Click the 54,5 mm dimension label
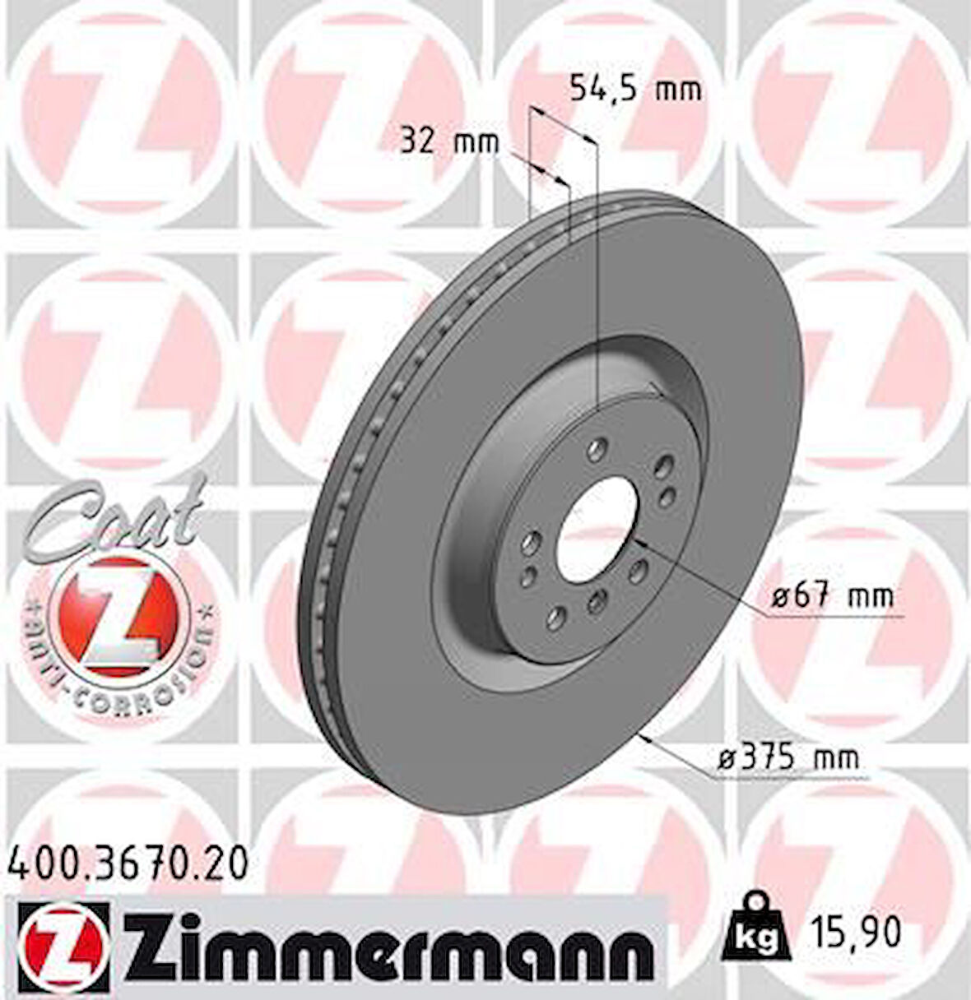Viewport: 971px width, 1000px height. pyautogui.click(x=635, y=88)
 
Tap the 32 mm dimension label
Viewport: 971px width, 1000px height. pyautogui.click(x=450, y=142)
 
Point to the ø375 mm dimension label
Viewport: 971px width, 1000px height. pyautogui.click(x=787, y=757)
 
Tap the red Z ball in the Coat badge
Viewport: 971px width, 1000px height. pyautogui.click(x=118, y=613)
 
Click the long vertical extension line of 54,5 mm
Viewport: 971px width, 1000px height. pyautogui.click(x=595, y=271)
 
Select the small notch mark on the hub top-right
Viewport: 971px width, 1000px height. pyautogui.click(x=655, y=389)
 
